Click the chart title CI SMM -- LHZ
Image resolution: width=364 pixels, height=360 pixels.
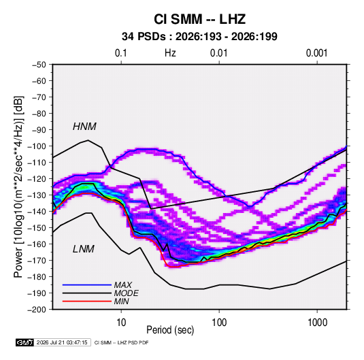point(199,19)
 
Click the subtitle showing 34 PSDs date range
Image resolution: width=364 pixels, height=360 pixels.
point(199,37)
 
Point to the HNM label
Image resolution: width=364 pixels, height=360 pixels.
point(84,127)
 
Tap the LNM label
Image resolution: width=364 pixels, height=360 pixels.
point(84,249)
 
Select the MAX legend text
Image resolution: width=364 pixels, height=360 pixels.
point(123,284)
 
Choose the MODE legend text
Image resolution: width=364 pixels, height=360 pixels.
point(127,293)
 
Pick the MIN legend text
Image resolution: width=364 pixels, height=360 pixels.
point(121,301)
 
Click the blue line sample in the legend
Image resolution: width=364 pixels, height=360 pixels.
point(87,284)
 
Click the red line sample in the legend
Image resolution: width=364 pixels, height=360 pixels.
point(87,301)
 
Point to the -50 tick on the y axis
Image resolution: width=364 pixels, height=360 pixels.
point(39,65)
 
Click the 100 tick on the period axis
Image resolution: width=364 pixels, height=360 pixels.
point(219,323)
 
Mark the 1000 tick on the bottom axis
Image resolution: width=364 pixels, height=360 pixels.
point(317,323)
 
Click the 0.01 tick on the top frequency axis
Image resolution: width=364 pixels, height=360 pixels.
point(219,53)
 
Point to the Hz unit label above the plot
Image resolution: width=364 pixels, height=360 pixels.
point(170,53)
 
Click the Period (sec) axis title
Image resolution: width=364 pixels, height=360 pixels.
point(170,330)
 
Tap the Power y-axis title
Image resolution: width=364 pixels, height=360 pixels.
point(18,186)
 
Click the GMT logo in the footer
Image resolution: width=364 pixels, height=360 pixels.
point(25,342)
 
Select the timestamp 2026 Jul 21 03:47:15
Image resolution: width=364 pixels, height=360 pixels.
point(62,342)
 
